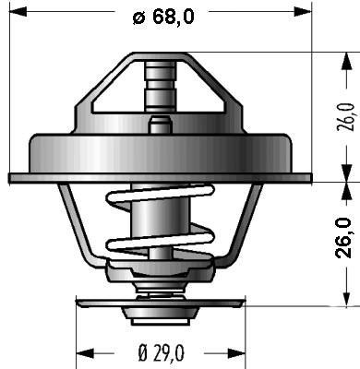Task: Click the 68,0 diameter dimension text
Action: (163, 17)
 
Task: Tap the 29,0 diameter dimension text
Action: (161, 352)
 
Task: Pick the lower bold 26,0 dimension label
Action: (343, 237)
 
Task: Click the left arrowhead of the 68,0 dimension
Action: (18, 12)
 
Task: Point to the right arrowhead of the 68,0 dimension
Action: (303, 12)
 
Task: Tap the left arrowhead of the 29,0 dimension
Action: (85, 352)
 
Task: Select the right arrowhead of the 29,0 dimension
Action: (236, 352)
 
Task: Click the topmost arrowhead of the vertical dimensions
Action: (347, 61)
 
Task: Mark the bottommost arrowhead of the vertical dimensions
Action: (347, 297)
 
